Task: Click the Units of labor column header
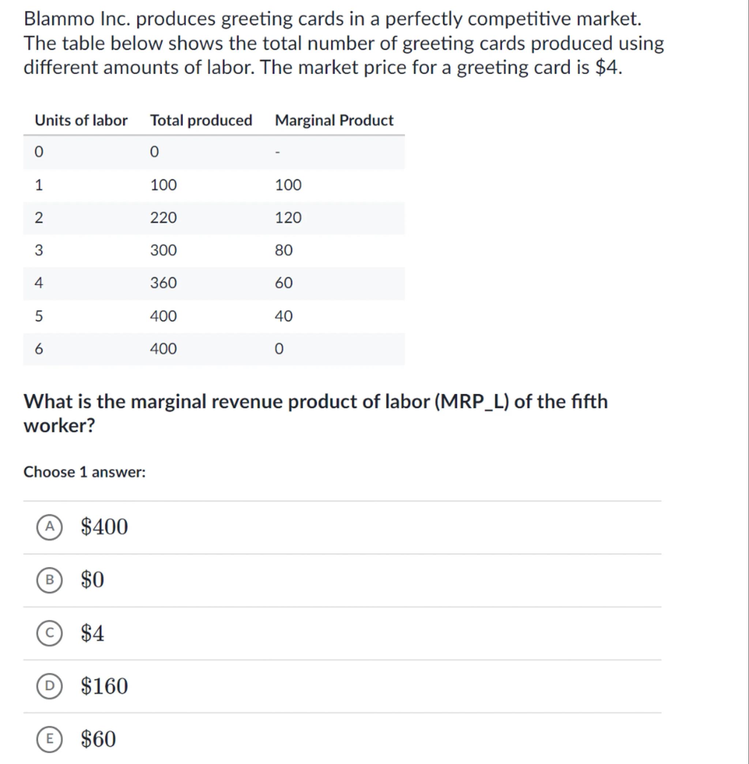pos(81,120)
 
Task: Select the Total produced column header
pos(201,120)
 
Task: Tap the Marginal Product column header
pos(334,120)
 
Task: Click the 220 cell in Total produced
pos(163,218)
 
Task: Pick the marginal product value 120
pos(288,218)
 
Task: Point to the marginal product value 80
pos(284,250)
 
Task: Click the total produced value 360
pos(163,283)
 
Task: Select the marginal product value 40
pos(284,316)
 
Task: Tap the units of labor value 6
pos(38,349)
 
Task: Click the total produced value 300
pos(163,250)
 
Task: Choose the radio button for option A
pos(50,527)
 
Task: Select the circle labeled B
pos(50,580)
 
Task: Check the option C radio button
pos(50,633)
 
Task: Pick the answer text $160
pos(104,686)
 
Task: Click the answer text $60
pos(98,739)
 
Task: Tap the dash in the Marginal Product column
pos(277,152)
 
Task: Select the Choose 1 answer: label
pos(84,472)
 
